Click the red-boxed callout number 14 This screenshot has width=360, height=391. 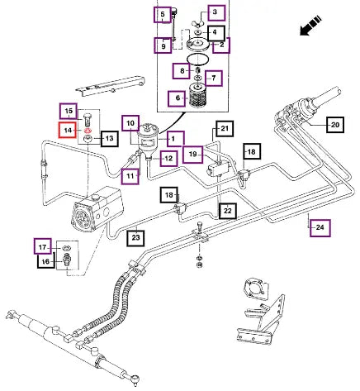[68, 130]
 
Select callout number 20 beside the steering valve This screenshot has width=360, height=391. [335, 125]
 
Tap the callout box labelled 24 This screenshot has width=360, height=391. [320, 227]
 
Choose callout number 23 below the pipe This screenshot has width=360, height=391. [136, 237]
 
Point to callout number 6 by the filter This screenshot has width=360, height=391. [178, 98]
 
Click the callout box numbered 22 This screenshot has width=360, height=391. [227, 211]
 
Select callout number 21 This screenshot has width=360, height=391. [225, 128]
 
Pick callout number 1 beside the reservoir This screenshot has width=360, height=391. [173, 139]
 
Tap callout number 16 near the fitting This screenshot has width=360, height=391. [46, 261]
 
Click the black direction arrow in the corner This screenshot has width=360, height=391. [310, 26]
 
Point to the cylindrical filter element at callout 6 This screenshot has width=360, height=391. [198, 96]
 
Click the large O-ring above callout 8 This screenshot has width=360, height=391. [197, 60]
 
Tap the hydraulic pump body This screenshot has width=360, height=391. [97, 208]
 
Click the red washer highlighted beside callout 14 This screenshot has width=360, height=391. [88, 131]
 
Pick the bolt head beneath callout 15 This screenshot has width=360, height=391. [87, 116]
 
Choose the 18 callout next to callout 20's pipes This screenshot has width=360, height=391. [252, 151]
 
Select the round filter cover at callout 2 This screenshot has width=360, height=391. [197, 44]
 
